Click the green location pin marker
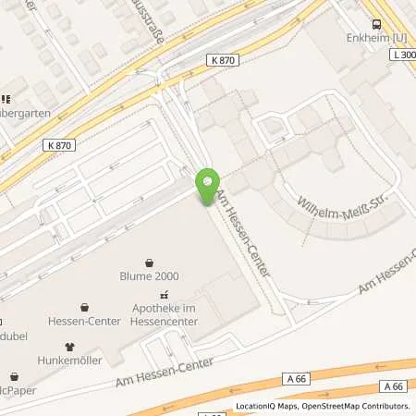click(x=208, y=186)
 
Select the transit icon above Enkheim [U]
click(x=375, y=25)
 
